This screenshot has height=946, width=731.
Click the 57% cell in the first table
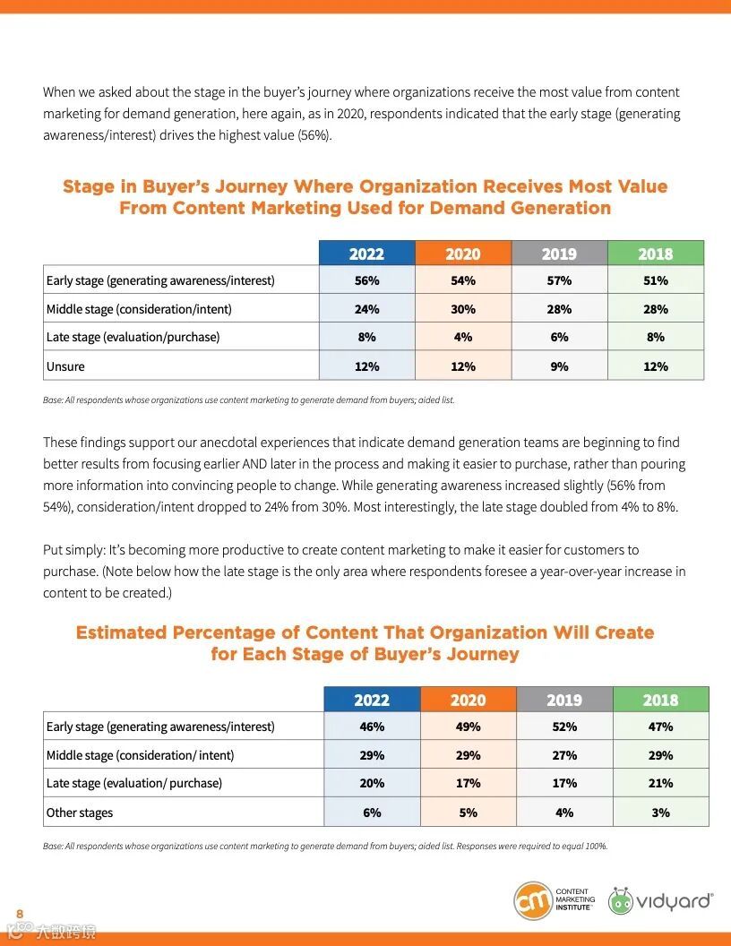[559, 280]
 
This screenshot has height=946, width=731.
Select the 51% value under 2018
[655, 280]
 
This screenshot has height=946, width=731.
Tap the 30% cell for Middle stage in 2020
[463, 309]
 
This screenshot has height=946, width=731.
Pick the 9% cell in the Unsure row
[559, 366]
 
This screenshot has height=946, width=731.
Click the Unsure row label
[65, 366]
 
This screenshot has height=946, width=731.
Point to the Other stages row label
[80, 813]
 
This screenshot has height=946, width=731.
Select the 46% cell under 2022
[372, 727]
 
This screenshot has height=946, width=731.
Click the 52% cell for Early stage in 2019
[564, 727]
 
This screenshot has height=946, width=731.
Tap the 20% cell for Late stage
[372, 783]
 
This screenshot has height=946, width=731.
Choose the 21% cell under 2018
[660, 783]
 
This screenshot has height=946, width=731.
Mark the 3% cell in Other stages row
[660, 813]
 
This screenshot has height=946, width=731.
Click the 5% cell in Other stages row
[468, 813]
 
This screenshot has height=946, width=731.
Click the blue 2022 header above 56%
[366, 254]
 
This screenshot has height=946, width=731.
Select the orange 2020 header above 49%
[468, 700]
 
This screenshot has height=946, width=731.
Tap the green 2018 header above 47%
[660, 700]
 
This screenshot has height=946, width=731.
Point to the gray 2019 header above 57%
[559, 254]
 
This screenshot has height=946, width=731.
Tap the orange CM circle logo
[533, 900]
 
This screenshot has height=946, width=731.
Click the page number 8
[20, 913]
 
